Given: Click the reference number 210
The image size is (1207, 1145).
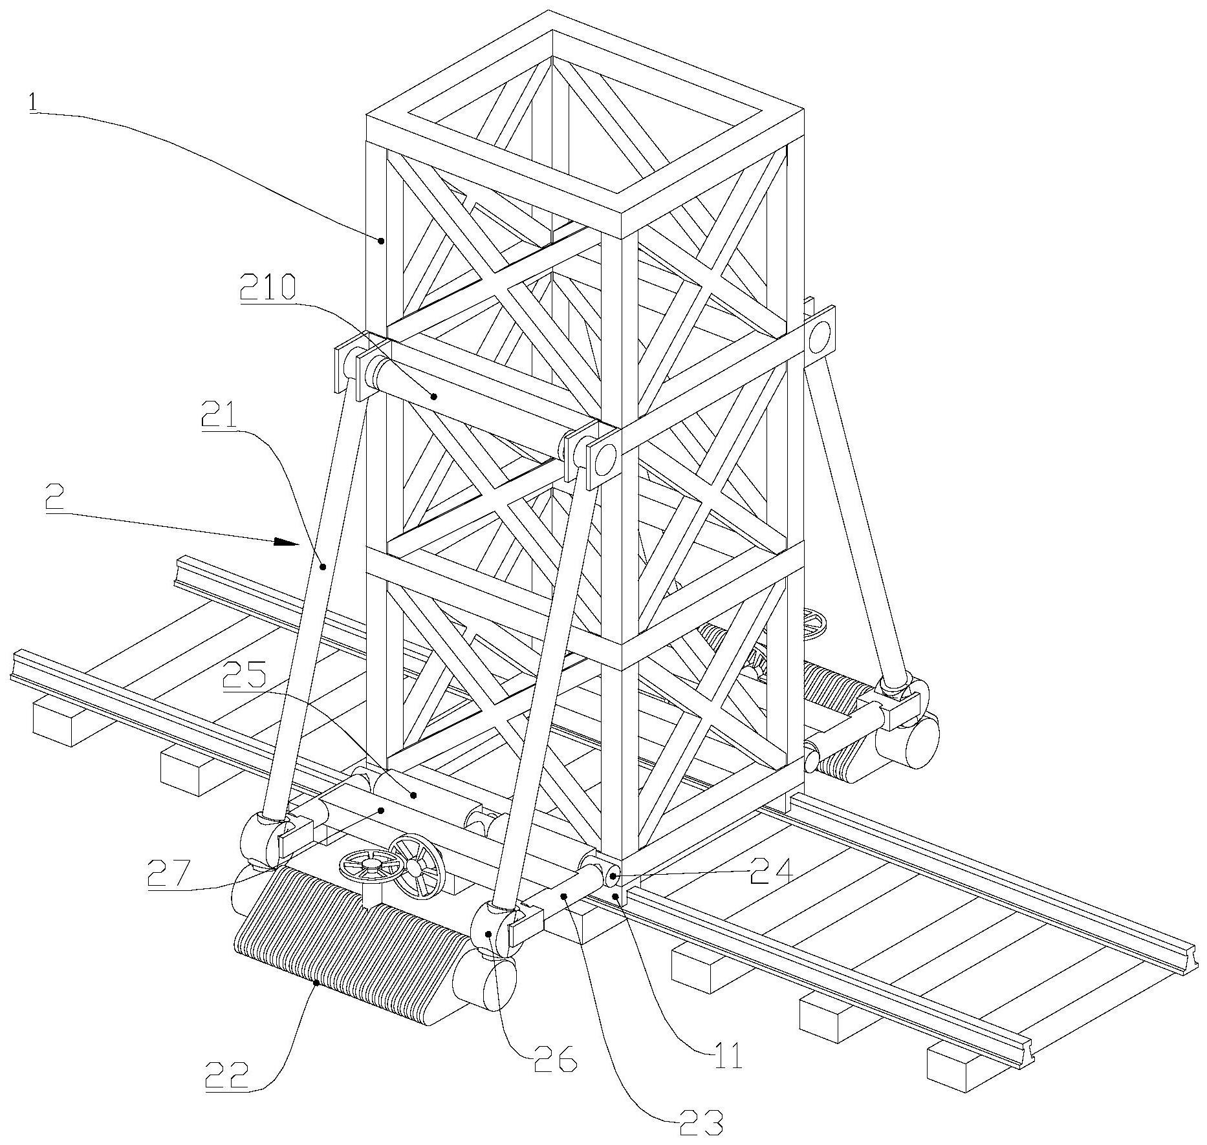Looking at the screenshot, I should (267, 287).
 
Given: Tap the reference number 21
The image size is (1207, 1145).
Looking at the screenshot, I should (218, 418).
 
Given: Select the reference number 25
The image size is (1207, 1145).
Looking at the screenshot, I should (244, 676).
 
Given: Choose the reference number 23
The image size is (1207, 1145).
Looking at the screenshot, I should (700, 1123).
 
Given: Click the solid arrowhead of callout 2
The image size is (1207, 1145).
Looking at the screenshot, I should (287, 542).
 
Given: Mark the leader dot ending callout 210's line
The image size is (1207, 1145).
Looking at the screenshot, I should (435, 396).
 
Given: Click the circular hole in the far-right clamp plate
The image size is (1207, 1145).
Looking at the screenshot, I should (820, 335).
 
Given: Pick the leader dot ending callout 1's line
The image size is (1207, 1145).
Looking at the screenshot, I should (382, 241).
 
